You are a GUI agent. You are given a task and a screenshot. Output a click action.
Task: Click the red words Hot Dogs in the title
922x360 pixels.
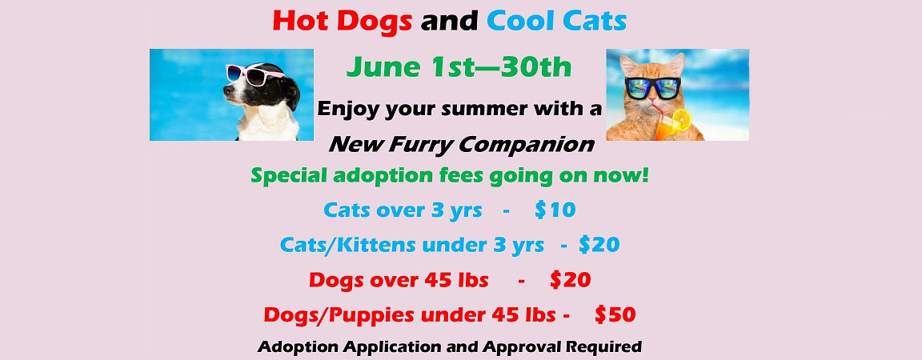(x=342, y=21)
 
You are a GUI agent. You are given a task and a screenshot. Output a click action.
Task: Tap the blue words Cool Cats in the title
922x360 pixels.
(x=557, y=21)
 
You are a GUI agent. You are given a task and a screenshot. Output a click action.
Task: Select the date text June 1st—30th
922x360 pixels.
(x=459, y=66)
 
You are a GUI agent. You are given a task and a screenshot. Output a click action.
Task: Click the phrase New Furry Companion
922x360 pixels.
(x=461, y=144)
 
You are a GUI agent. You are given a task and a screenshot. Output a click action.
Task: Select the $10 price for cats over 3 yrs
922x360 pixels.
(x=555, y=210)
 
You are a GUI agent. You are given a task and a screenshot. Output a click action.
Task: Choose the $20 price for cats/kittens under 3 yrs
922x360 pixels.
(x=599, y=245)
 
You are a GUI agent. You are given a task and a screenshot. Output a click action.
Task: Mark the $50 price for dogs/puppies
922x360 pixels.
(x=615, y=314)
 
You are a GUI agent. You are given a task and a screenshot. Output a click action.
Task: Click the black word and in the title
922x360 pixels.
(x=449, y=21)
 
